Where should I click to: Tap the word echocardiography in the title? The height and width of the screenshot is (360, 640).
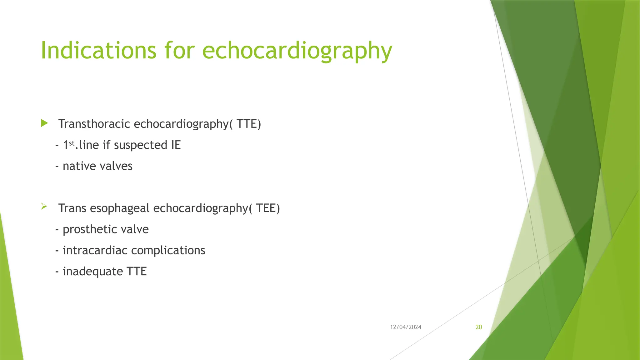pyautogui.click(x=297, y=51)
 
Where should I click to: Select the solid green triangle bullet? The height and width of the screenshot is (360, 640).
pyautogui.click(x=44, y=123)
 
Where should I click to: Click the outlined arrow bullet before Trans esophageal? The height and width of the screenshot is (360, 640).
pyautogui.click(x=44, y=206)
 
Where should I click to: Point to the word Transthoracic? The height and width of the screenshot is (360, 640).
pyautogui.click(x=94, y=124)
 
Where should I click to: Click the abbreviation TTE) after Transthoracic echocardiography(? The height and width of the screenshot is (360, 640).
pyautogui.click(x=248, y=124)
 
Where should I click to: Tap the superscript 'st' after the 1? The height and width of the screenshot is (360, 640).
pyautogui.click(x=72, y=143)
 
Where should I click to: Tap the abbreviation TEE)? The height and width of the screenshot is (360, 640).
pyautogui.click(x=268, y=208)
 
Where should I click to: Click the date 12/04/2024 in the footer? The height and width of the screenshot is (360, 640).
pyautogui.click(x=406, y=327)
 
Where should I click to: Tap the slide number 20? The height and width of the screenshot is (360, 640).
pyautogui.click(x=479, y=327)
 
